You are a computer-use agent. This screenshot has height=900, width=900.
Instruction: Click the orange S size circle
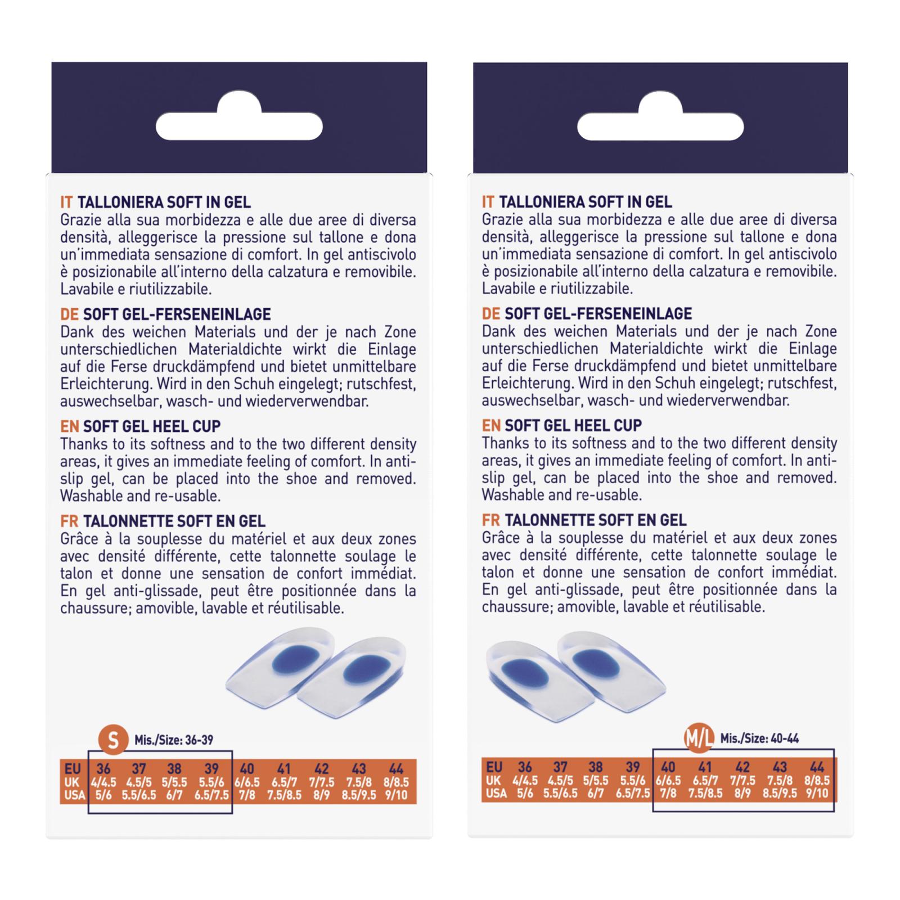112,740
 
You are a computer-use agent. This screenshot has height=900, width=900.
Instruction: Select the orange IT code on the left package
66,202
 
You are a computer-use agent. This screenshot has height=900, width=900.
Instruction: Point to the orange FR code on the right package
490,520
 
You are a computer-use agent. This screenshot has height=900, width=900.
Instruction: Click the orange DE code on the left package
69,314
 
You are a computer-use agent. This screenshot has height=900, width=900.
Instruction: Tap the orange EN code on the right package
490,426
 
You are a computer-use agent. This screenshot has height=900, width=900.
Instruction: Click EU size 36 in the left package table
103,768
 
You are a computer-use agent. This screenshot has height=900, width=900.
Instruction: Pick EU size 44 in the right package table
817,767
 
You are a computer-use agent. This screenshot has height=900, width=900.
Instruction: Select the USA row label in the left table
75,795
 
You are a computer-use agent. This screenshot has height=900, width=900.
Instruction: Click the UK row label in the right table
493,781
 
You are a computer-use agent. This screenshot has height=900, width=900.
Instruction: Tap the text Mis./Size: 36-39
174,740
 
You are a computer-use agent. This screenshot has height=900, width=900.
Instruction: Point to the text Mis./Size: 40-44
760,739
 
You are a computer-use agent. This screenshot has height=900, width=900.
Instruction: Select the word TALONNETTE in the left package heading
120,521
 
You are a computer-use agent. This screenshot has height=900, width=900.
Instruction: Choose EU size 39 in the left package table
211,768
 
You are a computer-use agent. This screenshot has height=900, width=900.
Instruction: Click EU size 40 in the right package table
668,767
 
